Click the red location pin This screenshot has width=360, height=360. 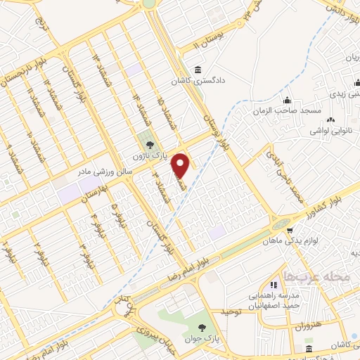coord(181,165)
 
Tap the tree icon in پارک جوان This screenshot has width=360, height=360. coord(202,327)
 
